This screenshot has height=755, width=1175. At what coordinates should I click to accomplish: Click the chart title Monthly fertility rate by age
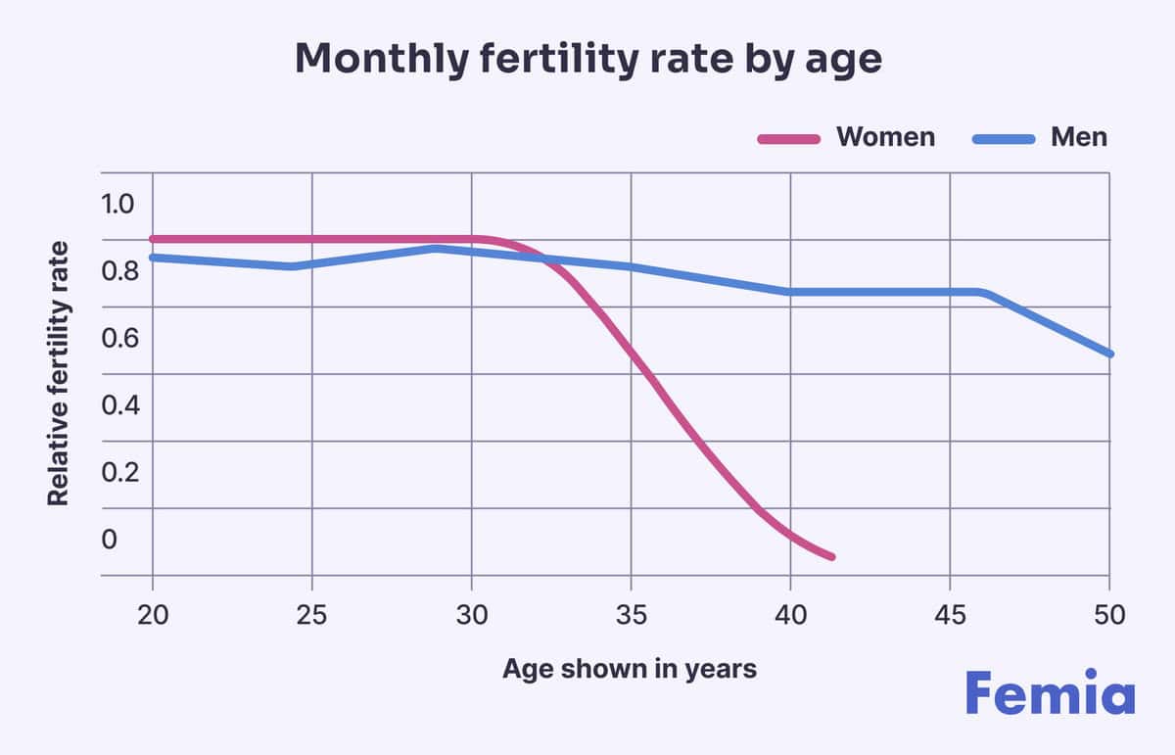pyautogui.click(x=587, y=60)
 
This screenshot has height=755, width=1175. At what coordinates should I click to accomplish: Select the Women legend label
pyautogui.click(x=885, y=136)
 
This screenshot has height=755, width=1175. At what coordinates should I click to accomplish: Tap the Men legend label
pyautogui.click(x=1079, y=136)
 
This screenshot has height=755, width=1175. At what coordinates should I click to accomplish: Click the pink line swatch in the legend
pyautogui.click(x=788, y=138)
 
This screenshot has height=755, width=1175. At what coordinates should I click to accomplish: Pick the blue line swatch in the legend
pyautogui.click(x=1003, y=138)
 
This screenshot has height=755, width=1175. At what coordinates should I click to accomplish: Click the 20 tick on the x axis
pyautogui.click(x=153, y=616)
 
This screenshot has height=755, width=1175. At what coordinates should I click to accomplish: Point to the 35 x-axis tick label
pyautogui.click(x=631, y=616)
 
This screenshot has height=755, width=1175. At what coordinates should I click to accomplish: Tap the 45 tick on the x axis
pyautogui.click(x=950, y=616)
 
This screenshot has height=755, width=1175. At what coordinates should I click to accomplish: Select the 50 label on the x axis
pyautogui.click(x=1109, y=616)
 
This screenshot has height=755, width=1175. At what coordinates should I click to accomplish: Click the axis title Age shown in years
pyautogui.click(x=630, y=669)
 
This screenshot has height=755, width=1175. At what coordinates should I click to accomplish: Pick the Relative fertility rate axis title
pyautogui.click(x=59, y=373)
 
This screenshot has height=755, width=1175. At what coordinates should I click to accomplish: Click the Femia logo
pyautogui.click(x=1050, y=693)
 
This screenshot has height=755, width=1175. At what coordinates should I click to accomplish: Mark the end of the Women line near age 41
pyautogui.click(x=831, y=556)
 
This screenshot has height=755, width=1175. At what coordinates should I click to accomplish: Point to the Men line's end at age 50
pyautogui.click(x=1109, y=354)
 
